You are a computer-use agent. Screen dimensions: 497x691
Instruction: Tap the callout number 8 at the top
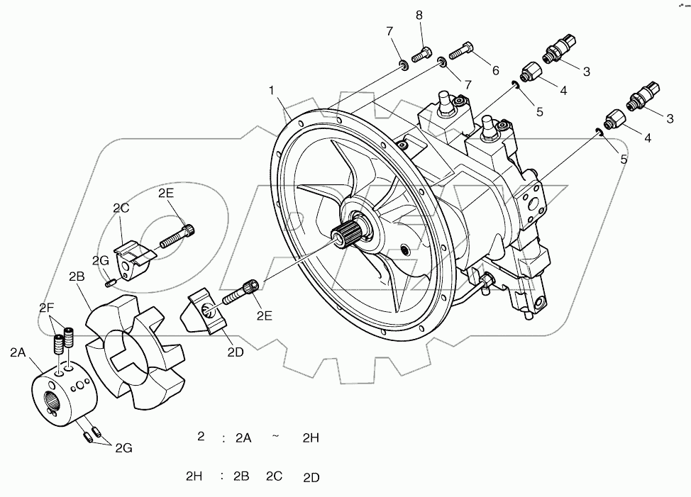point(419,15)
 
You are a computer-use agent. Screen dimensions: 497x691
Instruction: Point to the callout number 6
point(494,70)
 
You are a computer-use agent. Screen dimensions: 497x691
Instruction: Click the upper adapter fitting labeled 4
point(531,72)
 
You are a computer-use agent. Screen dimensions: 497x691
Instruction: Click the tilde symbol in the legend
point(275,437)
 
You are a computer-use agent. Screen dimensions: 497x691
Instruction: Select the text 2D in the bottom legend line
point(311,477)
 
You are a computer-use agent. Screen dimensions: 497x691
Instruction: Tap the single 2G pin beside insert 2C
point(109,284)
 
